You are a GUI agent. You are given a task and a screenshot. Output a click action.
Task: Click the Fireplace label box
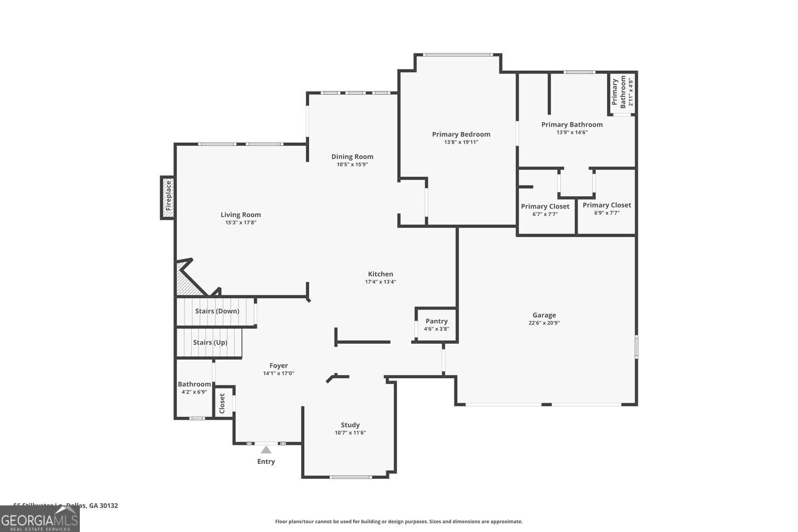(168, 197)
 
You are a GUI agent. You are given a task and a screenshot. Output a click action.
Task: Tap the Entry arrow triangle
(266, 450)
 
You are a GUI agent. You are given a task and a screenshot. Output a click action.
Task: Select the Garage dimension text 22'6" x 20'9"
(544, 323)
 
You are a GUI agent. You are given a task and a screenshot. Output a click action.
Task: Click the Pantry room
(436, 325)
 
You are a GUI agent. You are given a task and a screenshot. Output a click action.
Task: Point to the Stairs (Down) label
(217, 311)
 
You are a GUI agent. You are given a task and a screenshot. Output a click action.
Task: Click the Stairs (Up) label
(210, 343)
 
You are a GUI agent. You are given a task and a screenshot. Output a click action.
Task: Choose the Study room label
(350, 425)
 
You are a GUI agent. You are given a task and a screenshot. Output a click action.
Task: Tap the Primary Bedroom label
(461, 135)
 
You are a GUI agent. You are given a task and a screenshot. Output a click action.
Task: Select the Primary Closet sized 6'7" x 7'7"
(545, 210)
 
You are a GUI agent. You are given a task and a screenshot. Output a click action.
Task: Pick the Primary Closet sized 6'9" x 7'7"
(606, 209)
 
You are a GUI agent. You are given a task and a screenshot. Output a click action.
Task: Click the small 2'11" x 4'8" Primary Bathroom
(622, 93)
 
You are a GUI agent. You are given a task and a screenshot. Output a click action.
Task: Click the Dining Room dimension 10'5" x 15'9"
(352, 164)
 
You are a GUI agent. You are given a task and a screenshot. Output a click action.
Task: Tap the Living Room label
(240, 215)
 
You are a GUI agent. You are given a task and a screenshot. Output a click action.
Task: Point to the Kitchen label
(380, 274)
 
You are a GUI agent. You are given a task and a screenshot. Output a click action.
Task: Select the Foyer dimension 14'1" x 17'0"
(278, 373)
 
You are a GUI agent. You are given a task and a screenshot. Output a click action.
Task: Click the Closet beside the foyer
(222, 403)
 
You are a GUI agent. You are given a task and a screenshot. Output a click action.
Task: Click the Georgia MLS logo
(39, 519)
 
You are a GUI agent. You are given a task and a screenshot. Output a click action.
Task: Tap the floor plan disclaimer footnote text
(398, 522)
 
